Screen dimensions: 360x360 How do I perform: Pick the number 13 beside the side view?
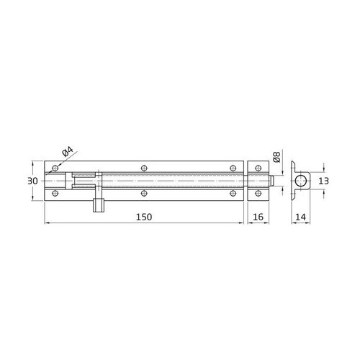(x=325, y=181)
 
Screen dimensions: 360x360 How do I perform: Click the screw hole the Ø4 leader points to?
(x=54, y=168)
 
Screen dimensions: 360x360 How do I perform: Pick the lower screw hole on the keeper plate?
(x=253, y=193)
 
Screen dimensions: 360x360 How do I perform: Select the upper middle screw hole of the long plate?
(x=145, y=168)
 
